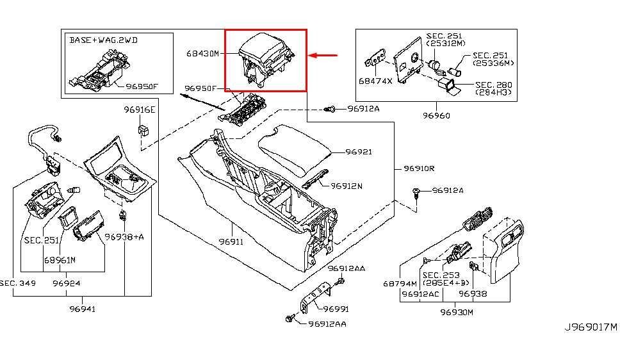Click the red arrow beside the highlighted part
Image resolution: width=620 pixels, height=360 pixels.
(x=323, y=56)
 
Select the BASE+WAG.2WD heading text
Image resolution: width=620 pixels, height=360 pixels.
(x=104, y=40)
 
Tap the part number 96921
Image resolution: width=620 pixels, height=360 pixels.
(x=359, y=152)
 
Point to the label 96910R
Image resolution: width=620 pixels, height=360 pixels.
(x=420, y=168)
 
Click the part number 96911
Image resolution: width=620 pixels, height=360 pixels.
(x=231, y=243)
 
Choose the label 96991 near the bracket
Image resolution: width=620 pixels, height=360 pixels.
(x=336, y=309)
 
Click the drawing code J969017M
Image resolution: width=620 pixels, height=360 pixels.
(x=591, y=327)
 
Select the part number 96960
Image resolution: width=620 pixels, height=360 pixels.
(x=436, y=116)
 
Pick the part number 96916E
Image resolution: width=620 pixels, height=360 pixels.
(x=140, y=110)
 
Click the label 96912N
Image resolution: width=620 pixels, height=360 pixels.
(x=347, y=186)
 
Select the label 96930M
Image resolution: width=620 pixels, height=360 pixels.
(x=457, y=312)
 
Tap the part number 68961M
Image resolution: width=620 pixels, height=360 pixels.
(x=60, y=260)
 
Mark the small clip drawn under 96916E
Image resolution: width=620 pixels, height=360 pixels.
(x=143, y=131)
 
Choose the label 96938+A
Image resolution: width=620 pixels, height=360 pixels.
(x=124, y=237)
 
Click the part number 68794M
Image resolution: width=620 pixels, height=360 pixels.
(x=400, y=284)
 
